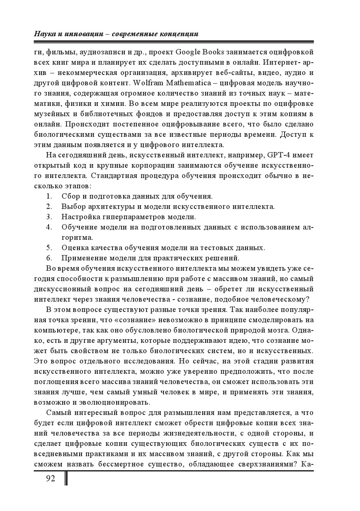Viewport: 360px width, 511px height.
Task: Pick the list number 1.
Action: click(x=49, y=196)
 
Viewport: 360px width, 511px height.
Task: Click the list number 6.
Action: click(x=49, y=258)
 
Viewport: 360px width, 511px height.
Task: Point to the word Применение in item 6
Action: click(x=83, y=258)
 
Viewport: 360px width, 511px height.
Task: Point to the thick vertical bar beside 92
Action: click(x=66, y=478)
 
